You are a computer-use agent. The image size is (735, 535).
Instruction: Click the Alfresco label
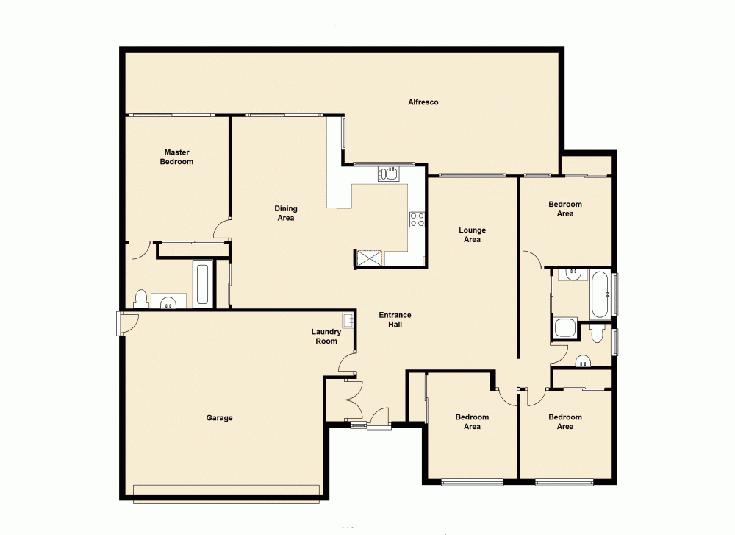coord(423,102)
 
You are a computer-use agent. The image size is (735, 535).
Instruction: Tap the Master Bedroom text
coord(176,157)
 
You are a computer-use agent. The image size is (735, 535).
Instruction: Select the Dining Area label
coord(285,213)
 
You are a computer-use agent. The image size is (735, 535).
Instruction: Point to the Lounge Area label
coord(472,235)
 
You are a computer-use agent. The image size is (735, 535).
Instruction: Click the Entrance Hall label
coord(395,319)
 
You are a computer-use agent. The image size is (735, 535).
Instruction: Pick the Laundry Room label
coord(326,336)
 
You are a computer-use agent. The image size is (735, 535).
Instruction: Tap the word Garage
coord(219,418)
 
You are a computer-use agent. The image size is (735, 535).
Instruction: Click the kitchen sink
coord(388,174)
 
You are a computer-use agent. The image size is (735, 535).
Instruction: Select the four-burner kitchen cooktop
coord(417,219)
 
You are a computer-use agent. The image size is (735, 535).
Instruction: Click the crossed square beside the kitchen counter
coord(369,258)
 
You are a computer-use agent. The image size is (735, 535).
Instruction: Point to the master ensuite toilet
coord(140,299)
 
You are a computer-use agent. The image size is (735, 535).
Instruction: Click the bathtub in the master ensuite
coord(203,286)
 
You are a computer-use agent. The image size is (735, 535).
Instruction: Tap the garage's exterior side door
coord(126,323)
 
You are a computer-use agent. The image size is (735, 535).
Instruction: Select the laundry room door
coord(348,363)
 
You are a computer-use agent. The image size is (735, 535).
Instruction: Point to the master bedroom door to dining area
coord(222,230)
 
